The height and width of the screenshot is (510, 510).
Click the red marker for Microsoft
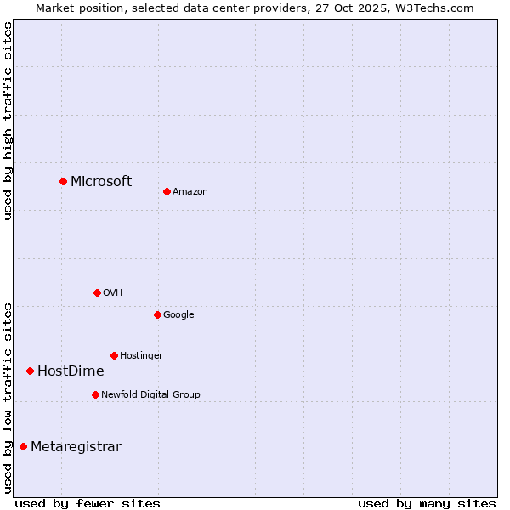pyautogui.click(x=63, y=181)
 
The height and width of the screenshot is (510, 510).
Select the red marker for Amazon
pyautogui.click(x=167, y=191)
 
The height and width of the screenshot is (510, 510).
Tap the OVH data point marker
pyautogui.click(x=97, y=292)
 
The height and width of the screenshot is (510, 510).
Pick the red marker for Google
pyautogui.click(x=157, y=314)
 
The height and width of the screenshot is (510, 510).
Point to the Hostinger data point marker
pyautogui.click(x=114, y=355)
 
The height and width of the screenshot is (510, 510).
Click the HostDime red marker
pyautogui.click(x=30, y=371)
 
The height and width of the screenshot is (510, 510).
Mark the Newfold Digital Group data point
pyautogui.click(x=95, y=394)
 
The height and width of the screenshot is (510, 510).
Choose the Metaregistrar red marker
pyautogui.click(x=23, y=446)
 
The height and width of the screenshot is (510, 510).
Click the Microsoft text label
pyautogui.click(x=101, y=181)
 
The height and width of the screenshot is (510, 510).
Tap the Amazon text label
pyautogui.click(x=190, y=192)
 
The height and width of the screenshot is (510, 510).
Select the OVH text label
pyautogui.click(x=113, y=293)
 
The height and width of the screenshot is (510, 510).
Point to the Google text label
pyautogui.click(x=178, y=315)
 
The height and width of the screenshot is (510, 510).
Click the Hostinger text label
pyautogui.click(x=141, y=356)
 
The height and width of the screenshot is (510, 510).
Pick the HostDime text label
pyautogui.click(x=71, y=371)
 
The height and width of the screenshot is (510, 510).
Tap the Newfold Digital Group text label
pyautogui.click(x=150, y=395)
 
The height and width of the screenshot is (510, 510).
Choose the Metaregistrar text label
pyautogui.click(x=76, y=447)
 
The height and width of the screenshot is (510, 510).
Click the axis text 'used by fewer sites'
pyautogui.click(x=88, y=503)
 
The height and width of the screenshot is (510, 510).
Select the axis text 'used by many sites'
pyautogui.click(x=427, y=503)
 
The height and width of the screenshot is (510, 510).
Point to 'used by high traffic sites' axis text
pyautogui.click(x=8, y=121)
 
